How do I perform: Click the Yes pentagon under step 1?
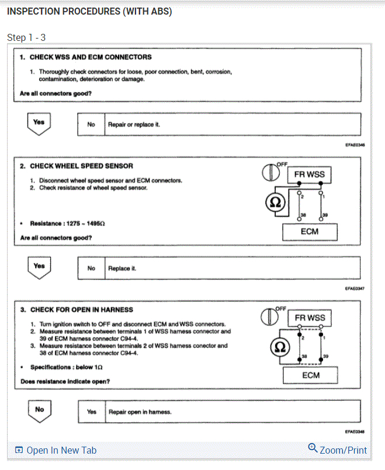(x=39, y=123)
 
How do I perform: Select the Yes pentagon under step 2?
(x=39, y=267)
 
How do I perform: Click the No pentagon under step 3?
(x=39, y=410)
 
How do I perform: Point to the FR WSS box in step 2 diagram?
(x=309, y=174)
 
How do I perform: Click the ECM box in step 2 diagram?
(x=309, y=231)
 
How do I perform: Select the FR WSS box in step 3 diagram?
(x=310, y=318)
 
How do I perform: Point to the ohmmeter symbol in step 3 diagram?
(x=278, y=347)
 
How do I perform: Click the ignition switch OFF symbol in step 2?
(x=270, y=172)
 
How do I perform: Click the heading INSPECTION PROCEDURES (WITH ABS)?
(x=89, y=12)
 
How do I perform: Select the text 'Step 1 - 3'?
(x=26, y=37)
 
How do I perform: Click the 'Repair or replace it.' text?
(x=134, y=124)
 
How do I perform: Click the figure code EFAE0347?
(x=355, y=288)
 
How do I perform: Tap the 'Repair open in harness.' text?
(x=140, y=412)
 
